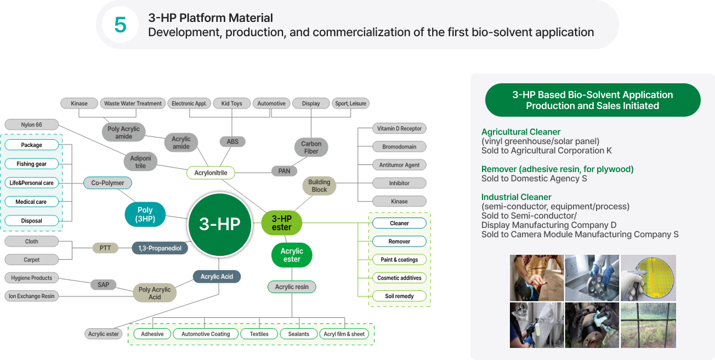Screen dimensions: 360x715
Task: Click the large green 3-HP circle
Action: [220, 225]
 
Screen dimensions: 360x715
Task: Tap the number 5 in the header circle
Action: [120, 25]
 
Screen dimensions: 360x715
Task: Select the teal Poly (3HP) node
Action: [145, 214]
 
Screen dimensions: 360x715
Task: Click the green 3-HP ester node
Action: [282, 223]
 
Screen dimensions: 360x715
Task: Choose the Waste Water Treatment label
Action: [133, 104]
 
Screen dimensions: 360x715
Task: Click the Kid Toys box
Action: [232, 104]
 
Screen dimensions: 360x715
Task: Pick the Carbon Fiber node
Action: [311, 147]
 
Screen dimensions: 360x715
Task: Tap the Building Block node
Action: [319, 186]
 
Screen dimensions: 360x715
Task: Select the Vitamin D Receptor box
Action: [399, 129]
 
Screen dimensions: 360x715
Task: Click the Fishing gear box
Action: [31, 164]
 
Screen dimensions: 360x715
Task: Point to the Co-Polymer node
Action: [107, 183]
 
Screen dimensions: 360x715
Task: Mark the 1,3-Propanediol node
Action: [160, 248]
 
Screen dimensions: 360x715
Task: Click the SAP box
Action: [103, 284]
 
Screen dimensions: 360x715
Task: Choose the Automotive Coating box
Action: [206, 334]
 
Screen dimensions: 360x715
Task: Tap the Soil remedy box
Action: [399, 296]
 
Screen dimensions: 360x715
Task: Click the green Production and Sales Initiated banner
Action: [592, 100]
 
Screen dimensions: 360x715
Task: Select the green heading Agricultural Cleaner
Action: [520, 132]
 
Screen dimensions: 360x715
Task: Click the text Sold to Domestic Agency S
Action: [534, 179]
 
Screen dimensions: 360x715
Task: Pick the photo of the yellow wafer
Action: [648, 277]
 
